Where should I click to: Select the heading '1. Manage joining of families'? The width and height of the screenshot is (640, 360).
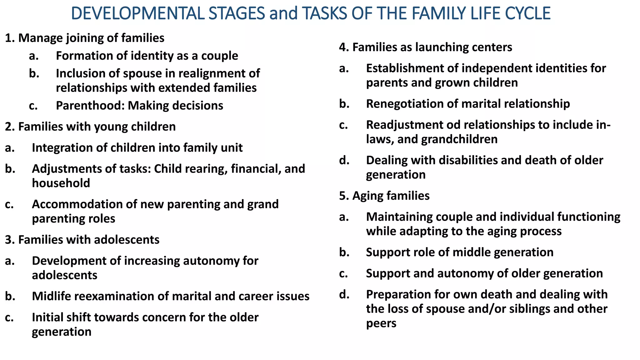coord(85,38)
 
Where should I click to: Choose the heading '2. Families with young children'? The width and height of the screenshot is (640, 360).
coord(90,127)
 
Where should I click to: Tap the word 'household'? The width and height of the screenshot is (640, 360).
coord(61,183)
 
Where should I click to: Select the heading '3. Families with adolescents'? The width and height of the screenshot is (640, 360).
coord(82,240)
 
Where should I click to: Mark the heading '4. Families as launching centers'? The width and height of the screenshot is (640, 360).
coord(425,47)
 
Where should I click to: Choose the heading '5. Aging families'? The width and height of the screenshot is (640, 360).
coord(384,196)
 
